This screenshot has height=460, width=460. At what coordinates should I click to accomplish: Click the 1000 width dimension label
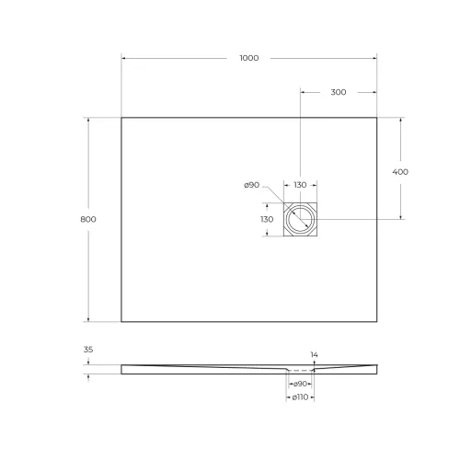click(x=248, y=58)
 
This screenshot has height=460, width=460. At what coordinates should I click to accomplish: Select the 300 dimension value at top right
click(x=338, y=93)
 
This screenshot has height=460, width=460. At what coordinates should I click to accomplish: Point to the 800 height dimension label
click(x=88, y=219)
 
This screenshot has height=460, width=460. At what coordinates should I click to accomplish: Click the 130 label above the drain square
click(x=300, y=186)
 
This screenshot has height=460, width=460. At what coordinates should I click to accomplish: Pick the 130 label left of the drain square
click(x=267, y=220)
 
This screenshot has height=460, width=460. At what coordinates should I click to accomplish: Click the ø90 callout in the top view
click(x=251, y=186)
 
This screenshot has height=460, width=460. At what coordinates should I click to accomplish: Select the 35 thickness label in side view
click(x=88, y=351)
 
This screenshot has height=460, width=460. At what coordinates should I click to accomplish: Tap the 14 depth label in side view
click(x=314, y=354)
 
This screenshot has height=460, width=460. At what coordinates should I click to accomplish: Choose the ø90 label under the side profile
click(x=299, y=382)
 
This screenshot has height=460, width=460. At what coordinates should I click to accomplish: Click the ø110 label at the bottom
click(x=299, y=397)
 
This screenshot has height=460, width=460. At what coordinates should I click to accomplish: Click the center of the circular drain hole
click(x=300, y=220)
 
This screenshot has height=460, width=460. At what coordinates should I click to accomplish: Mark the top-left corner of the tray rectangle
click(x=121, y=117)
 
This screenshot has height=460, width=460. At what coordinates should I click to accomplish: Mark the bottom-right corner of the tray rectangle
click(x=377, y=322)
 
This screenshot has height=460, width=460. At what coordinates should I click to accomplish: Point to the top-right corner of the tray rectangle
click(x=377, y=117)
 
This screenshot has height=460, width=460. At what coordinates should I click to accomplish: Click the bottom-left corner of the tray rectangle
click(x=121, y=322)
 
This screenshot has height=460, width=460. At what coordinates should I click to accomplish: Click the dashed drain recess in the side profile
click(x=300, y=371)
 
